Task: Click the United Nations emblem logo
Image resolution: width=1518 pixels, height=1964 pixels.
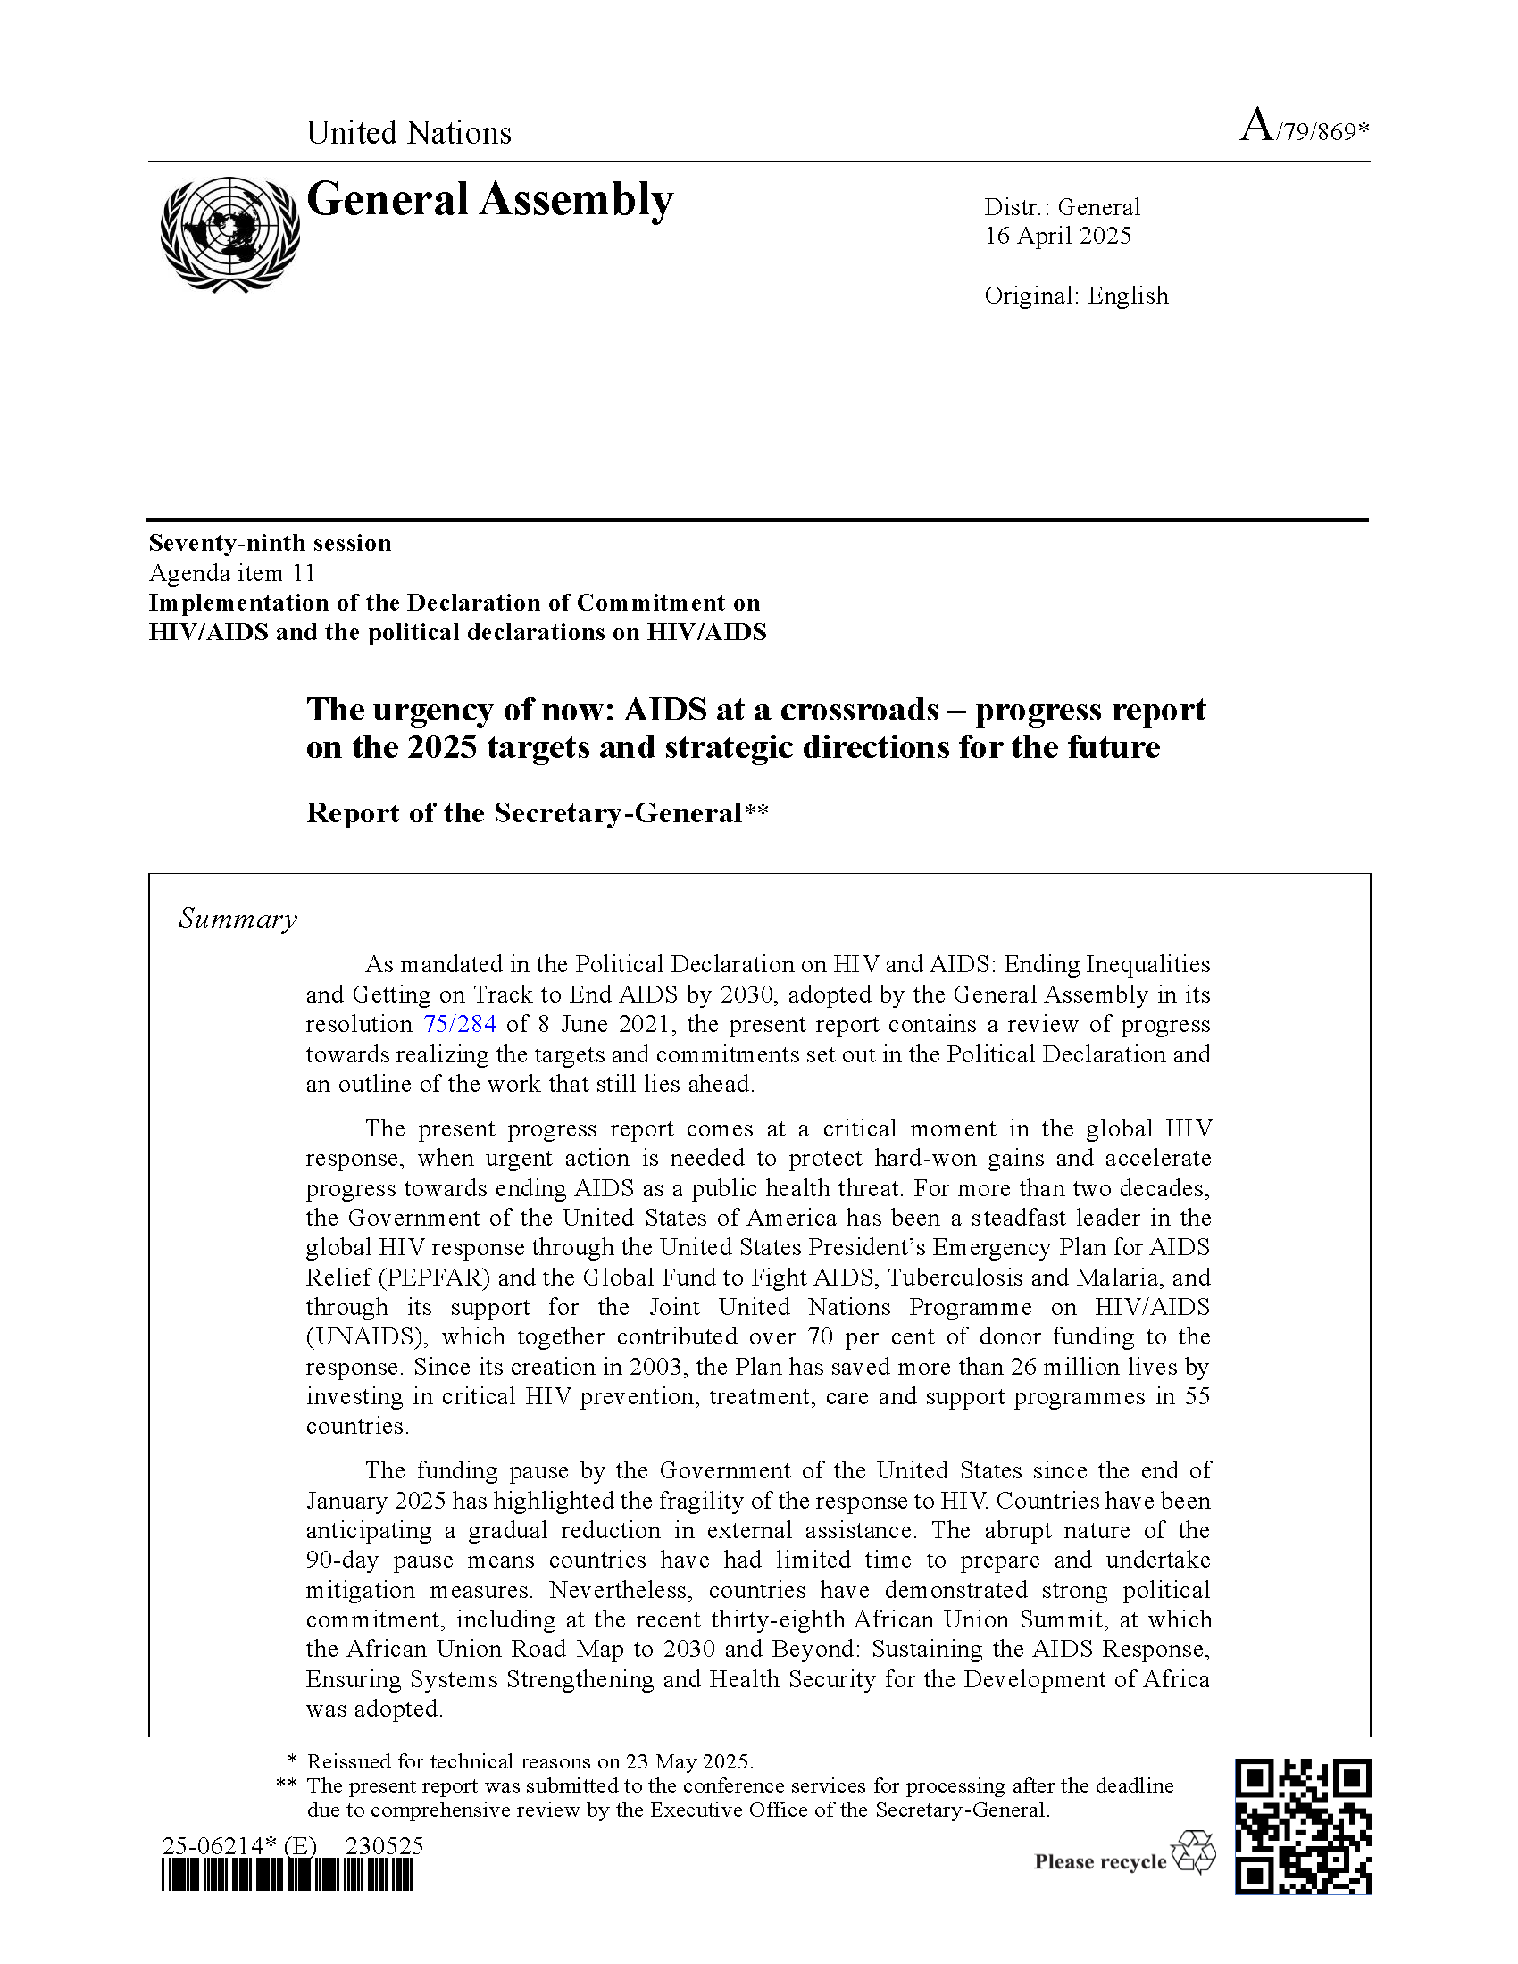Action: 230,233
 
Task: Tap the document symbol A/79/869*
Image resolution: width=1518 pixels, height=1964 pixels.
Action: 1304,128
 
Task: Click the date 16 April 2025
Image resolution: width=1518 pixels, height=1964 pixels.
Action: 1057,236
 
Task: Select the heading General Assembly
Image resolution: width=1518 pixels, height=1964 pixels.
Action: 490,200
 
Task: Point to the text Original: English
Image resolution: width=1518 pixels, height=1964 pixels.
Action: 1077,295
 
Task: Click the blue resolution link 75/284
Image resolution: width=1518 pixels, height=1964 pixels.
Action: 460,1024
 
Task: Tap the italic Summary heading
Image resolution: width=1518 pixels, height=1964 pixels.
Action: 238,918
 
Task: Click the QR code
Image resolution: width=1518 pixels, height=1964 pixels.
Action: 1302,1827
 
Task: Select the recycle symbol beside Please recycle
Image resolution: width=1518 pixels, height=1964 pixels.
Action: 1193,1852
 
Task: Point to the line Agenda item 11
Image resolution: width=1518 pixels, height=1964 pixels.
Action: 232,573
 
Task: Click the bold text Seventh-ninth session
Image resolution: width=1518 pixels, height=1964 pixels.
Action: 270,543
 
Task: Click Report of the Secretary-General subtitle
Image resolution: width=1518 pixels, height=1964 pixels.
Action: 537,813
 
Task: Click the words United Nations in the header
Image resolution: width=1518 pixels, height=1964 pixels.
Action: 409,133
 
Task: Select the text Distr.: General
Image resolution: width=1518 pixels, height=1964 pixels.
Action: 1062,207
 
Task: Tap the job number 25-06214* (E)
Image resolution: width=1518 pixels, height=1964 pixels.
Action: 239,1846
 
